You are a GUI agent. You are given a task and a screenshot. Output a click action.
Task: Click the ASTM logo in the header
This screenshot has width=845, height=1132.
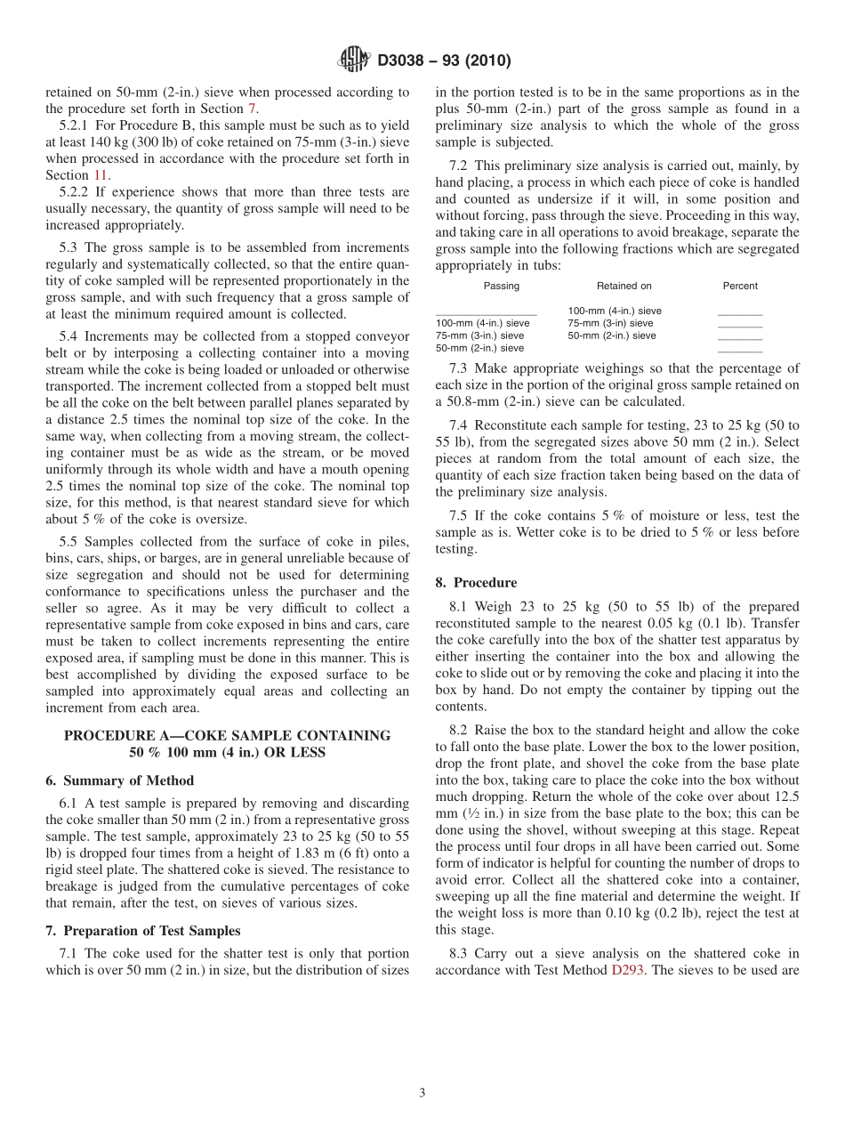coord(355,60)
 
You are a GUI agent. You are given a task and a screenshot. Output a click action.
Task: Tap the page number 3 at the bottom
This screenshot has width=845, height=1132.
coord(422,1093)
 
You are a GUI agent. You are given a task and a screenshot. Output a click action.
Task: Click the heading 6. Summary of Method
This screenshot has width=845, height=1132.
coord(119,780)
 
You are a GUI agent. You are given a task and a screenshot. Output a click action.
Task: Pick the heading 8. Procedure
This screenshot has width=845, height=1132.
coord(476,583)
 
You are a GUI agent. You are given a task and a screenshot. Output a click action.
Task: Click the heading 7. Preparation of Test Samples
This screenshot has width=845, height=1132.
coord(142,931)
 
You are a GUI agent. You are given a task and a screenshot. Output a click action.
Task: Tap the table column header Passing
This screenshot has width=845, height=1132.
coord(502,286)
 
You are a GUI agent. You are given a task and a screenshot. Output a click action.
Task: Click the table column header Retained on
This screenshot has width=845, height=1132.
coord(624,286)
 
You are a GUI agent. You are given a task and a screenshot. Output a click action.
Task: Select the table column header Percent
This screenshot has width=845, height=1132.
coord(740,286)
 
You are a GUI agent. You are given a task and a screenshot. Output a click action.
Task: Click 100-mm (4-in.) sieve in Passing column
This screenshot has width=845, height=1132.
coord(482,323)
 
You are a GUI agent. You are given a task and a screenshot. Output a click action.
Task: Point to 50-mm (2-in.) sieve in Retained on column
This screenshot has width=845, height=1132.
coord(612,336)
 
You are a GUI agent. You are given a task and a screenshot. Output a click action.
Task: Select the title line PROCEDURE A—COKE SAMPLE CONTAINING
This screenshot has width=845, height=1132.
coord(227,735)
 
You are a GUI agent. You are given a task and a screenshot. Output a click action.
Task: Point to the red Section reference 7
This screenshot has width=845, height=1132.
coord(253,109)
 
